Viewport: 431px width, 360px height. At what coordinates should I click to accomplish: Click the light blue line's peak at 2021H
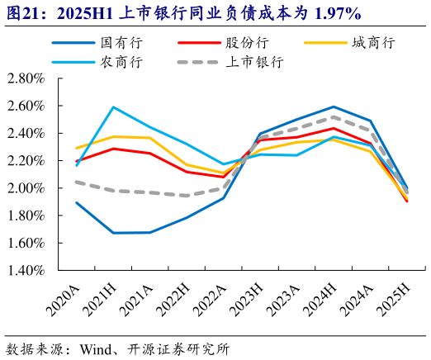[x=113, y=107]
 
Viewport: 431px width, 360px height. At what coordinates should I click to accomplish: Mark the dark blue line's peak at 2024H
[x=333, y=107]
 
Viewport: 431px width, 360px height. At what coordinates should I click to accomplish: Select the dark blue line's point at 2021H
[x=113, y=233]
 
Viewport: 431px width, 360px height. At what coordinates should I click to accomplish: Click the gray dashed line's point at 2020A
[x=76, y=182]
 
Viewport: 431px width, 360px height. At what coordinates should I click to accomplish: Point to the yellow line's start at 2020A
[x=76, y=149]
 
